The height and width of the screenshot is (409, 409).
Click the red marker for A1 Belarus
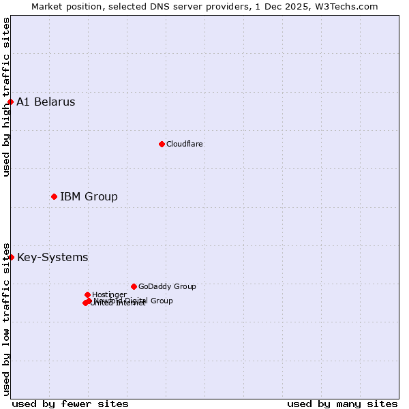[x=10, y=102]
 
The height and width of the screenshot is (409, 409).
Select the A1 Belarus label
[x=46, y=102]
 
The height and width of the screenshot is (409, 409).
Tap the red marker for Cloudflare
[x=162, y=144]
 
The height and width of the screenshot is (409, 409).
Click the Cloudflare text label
[x=184, y=144]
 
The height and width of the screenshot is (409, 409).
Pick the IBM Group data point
[x=54, y=196]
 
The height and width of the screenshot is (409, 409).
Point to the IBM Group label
[x=89, y=197]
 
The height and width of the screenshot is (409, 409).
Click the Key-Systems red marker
[x=11, y=257]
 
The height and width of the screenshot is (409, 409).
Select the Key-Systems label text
[x=52, y=258]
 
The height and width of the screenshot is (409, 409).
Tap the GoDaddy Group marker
[x=134, y=286]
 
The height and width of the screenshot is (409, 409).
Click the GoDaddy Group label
[x=167, y=287]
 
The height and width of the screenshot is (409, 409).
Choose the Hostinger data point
[x=87, y=294]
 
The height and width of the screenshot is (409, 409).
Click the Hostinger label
[x=109, y=294]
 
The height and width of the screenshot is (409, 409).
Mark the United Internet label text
[x=118, y=303]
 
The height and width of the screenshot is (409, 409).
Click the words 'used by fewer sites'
[x=70, y=404]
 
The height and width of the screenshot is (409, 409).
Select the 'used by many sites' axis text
[x=342, y=404]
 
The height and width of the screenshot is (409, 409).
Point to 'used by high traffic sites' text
[x=6, y=97]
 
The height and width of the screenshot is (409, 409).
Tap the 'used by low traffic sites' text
[x=6, y=318]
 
